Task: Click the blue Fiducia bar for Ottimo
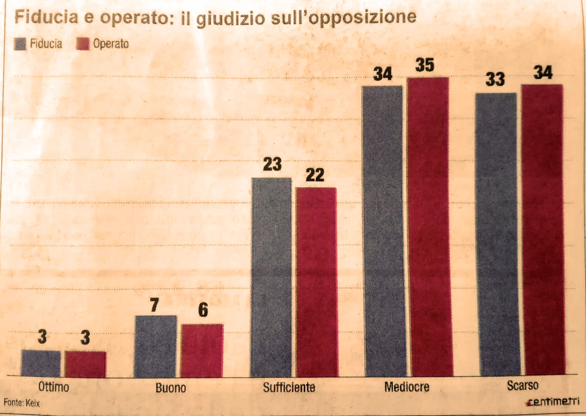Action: tap(41, 363)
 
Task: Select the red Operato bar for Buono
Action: tap(202, 350)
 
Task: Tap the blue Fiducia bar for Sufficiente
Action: tap(271, 276)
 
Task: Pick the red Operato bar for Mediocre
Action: tap(429, 227)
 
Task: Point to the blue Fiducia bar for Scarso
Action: tap(497, 234)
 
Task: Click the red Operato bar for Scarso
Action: tap(543, 230)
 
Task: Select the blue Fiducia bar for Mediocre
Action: tap(382, 231)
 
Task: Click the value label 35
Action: tap(424, 65)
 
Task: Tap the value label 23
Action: tap(272, 165)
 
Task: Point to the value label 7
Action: tap(154, 305)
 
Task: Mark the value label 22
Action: tap(315, 175)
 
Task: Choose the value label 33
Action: tap(495, 80)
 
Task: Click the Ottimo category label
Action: tap(53, 387)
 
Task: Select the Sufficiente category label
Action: tap(289, 388)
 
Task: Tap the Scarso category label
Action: tap(523, 386)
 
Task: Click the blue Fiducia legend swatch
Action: tap(20, 44)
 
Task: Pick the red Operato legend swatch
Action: tap(82, 44)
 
